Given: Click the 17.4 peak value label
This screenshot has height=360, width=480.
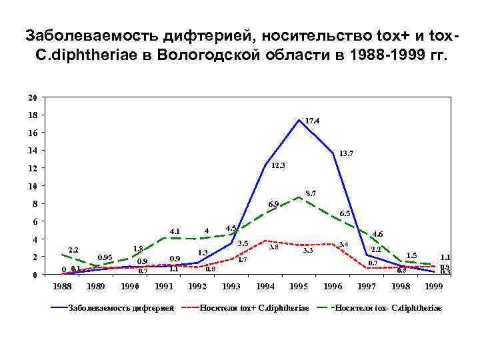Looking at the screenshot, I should (x=313, y=121).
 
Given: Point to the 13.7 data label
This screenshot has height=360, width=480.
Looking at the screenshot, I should (x=346, y=153).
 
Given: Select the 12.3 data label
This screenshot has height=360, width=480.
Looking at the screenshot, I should (x=279, y=165).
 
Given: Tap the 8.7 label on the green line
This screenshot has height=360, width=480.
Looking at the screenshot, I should (x=311, y=193).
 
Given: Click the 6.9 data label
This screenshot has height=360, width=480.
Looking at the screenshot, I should (x=273, y=204).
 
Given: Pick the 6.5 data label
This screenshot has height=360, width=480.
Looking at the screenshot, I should (x=345, y=213).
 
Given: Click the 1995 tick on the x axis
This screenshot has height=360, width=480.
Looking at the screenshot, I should (x=299, y=287).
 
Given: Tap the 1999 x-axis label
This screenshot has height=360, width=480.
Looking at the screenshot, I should (x=434, y=287).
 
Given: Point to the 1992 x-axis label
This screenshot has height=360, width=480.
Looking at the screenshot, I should (x=197, y=287).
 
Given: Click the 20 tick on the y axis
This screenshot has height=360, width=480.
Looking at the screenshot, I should (x=33, y=97).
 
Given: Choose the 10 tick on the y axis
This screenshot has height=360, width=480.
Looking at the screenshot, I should (x=33, y=186).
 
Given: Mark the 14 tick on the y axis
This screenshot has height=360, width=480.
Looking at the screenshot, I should (x=33, y=151).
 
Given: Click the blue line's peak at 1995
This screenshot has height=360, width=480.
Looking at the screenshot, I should (x=299, y=120).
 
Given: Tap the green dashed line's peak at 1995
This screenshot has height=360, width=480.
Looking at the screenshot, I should (x=299, y=197).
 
